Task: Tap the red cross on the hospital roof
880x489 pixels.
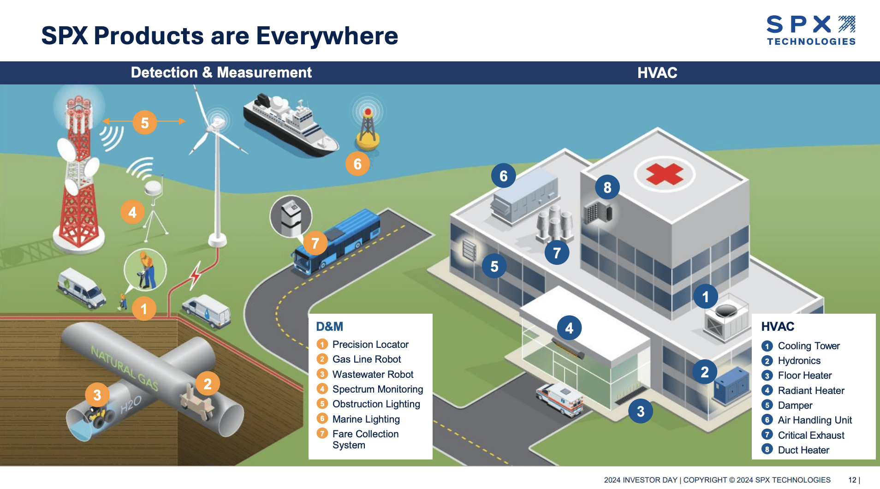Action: pos(664,174)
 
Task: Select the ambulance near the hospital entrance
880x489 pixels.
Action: pos(559,399)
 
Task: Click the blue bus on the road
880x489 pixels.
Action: pos(339,242)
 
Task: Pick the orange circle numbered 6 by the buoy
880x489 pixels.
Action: pos(357,164)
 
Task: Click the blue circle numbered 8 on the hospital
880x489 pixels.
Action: pos(607,187)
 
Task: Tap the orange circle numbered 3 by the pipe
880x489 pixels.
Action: pos(97,395)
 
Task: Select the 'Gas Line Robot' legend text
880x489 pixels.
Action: pos(367,359)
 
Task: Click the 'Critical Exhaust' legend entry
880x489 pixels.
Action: pos(811,435)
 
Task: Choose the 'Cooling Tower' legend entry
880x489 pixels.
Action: pos(809,346)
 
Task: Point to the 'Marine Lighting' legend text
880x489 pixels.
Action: pos(366,419)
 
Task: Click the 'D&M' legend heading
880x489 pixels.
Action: pos(329,327)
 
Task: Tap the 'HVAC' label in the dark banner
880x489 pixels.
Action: pos(657,73)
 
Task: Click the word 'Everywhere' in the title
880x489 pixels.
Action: pos(327,36)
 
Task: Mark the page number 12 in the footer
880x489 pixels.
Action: pos(852,480)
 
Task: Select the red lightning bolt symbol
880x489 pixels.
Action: pos(196,275)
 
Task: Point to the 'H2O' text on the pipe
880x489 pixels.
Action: pos(131,405)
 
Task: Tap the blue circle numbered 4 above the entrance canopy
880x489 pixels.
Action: pos(569,328)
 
